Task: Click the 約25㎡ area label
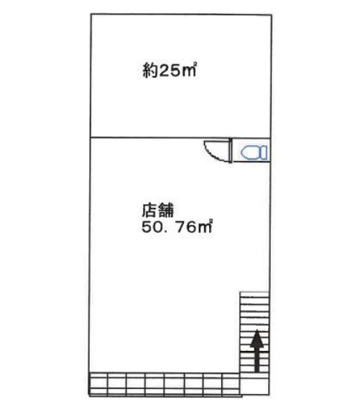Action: (x=170, y=70)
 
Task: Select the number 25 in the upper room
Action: (x=170, y=70)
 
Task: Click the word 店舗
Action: (x=157, y=210)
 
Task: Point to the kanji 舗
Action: (x=166, y=210)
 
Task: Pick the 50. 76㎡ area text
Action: (x=177, y=227)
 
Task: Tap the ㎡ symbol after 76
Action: (x=205, y=227)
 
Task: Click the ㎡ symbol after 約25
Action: (x=189, y=70)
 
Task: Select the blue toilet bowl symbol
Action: (x=249, y=152)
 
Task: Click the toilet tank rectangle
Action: (x=263, y=152)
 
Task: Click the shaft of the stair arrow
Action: (x=257, y=360)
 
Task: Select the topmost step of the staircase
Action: (x=254, y=294)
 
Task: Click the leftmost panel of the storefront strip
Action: (x=98, y=383)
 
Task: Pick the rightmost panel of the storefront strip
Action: (x=231, y=383)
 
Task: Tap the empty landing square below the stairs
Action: (x=254, y=386)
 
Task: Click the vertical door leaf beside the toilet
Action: (x=231, y=150)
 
